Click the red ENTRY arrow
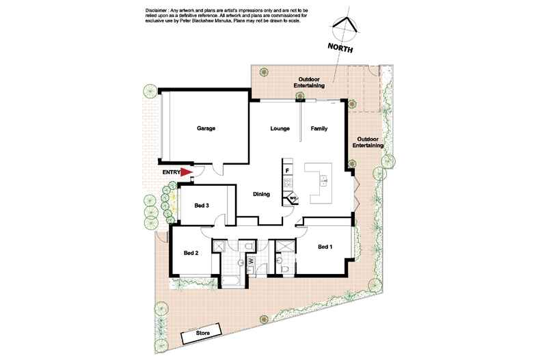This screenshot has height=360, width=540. pos(186,172)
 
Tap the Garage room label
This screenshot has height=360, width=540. pos(206,128)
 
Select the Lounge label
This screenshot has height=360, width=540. pos(280,128)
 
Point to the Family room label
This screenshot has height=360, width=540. pos(319,128)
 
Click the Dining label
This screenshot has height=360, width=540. pos(261,194)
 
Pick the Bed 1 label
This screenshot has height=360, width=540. pos(325,247)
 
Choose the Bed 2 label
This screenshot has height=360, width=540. pos(191,253)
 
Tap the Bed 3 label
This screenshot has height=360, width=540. pos(202,206)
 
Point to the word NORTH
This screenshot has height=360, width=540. pos(340,48)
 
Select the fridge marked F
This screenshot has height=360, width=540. pos(287,170)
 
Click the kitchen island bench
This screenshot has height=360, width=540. pos(319,182)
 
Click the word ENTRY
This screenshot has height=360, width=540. pos(171,172)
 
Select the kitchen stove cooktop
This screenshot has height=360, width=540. pos(288,183)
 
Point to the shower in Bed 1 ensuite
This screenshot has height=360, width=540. pos(285,247)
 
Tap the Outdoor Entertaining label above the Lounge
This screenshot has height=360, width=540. pos(309,83)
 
